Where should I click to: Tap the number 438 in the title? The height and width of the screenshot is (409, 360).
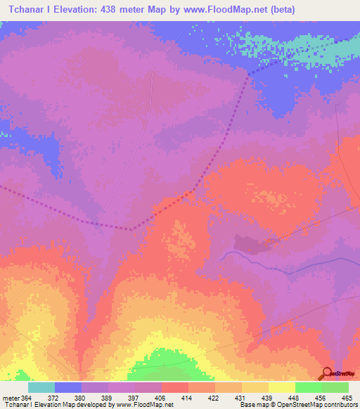[x=114, y=9]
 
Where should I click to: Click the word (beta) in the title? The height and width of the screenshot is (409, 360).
[x=279, y=9]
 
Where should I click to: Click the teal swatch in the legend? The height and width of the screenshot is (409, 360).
[x=41, y=387]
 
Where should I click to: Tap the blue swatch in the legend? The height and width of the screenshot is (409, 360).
[x=68, y=387]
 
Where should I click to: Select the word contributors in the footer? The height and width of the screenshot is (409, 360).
[x=340, y=405]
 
